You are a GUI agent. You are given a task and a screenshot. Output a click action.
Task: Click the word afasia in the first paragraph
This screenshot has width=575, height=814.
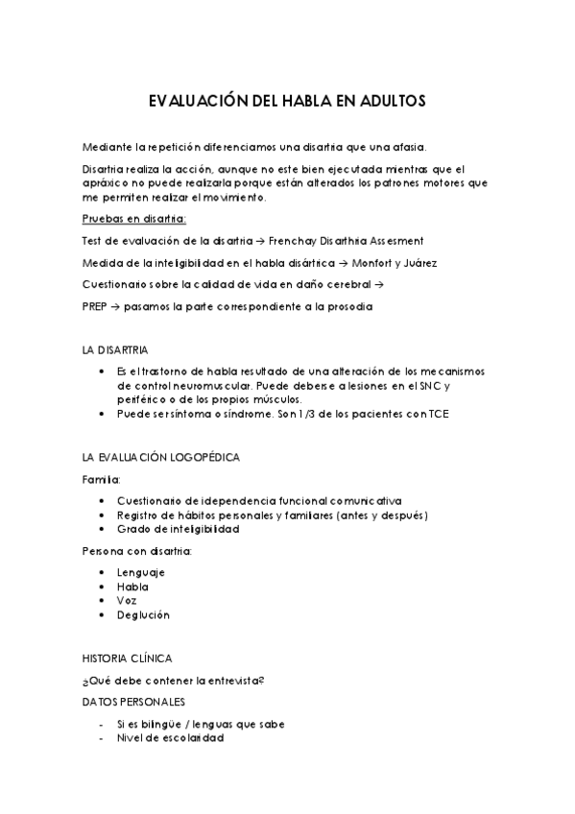tap(406, 147)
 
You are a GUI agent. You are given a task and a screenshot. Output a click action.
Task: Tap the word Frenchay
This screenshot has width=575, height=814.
tap(300, 240)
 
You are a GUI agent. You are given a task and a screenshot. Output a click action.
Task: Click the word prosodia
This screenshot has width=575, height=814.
tap(344, 306)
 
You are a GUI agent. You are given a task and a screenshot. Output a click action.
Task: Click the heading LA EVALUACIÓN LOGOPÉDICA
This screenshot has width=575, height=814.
tap(161, 457)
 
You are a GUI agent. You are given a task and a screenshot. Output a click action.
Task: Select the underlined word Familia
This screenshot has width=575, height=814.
tap(101, 478)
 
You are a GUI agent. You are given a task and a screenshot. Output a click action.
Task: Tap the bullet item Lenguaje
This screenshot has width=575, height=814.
tap(141, 572)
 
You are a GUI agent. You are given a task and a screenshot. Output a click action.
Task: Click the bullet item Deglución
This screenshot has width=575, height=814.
tap(143, 614)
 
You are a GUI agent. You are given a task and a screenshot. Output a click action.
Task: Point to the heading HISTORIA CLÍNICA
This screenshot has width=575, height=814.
tap(128, 658)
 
